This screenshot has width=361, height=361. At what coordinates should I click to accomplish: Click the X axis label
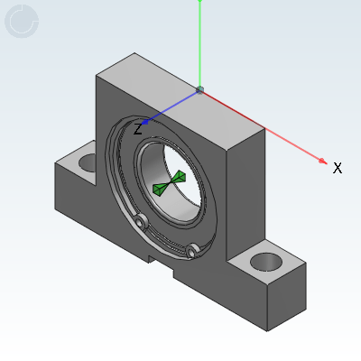click(x=338, y=168)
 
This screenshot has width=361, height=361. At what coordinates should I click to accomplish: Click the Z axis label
click(x=138, y=129)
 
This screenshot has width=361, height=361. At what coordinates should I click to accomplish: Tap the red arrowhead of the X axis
click(x=323, y=161)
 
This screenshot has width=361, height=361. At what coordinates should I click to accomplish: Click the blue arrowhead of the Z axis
click(x=145, y=122)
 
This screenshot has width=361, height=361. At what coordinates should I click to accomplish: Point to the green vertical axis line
click(x=199, y=44)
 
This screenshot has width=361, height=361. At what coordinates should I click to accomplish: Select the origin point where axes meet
click(x=199, y=89)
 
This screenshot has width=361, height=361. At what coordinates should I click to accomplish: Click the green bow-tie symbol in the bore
click(x=170, y=183)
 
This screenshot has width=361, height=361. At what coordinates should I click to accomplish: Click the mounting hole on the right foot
click(x=266, y=262)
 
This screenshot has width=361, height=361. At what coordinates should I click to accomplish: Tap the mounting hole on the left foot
click(x=88, y=162)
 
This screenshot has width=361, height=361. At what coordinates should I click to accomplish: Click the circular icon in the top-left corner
click(x=22, y=21)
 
